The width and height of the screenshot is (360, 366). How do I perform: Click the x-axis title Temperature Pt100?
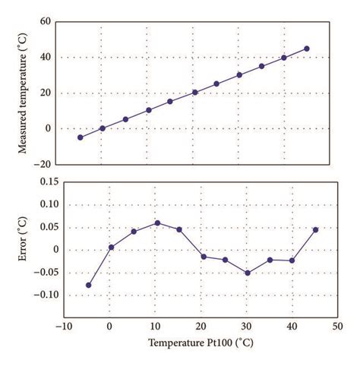pos(201,342)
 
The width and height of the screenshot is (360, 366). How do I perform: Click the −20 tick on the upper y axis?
pos(47,164)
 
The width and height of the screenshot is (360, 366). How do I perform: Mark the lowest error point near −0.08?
pos(89,285)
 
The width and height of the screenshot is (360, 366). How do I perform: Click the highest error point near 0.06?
pos(157,222)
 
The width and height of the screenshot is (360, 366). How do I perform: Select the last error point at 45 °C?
pos(315,229)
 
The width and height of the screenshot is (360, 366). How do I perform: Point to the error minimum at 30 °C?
pos(248,273)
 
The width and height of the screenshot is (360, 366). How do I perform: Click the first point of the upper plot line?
pos(81,137)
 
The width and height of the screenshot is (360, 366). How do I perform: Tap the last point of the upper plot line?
pos(307,49)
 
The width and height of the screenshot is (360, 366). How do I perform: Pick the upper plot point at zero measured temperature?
pos(103,128)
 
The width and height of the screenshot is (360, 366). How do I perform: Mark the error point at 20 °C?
pos(204,257)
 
